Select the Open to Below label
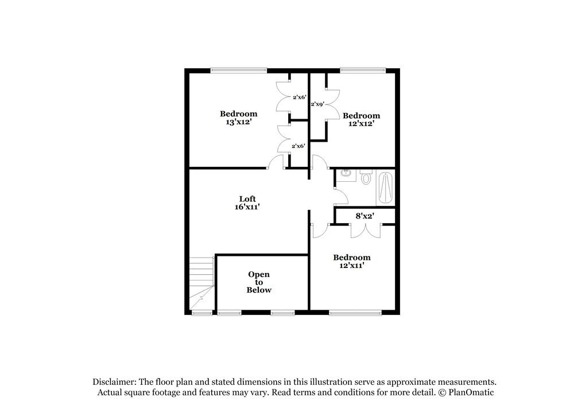click(259, 282)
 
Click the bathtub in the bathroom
click(385, 188)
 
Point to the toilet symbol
click(366, 178)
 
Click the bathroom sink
click(346, 173)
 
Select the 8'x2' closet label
click(365, 216)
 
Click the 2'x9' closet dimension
click(317, 104)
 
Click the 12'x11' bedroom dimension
click(352, 266)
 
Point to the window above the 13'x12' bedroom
click(238, 71)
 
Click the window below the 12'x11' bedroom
click(355, 313)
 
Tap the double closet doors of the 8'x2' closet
click(365, 229)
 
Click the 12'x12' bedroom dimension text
click(362, 123)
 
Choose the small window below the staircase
click(201, 313)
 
